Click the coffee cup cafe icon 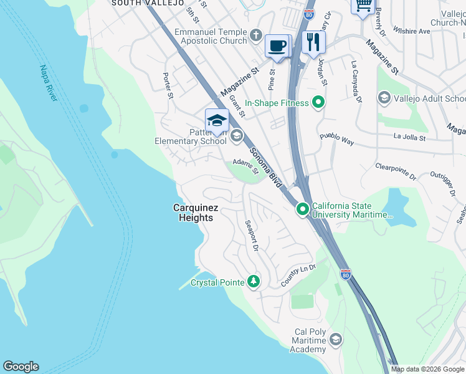tap(277, 46)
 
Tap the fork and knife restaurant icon tap(313, 42)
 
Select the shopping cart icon tap(363, 6)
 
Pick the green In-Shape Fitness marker tap(319, 102)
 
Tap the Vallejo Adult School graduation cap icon tap(384, 98)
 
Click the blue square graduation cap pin tap(217, 120)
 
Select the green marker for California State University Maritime tap(303, 209)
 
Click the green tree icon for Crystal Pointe tap(253, 282)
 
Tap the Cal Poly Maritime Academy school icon tap(336, 340)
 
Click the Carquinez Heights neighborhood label tap(193, 213)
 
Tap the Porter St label tap(167, 86)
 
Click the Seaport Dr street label tap(251, 235)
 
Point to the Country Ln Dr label tap(298, 275)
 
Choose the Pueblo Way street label tap(336, 139)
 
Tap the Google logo tap(21, 367)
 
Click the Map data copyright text tap(427, 369)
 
